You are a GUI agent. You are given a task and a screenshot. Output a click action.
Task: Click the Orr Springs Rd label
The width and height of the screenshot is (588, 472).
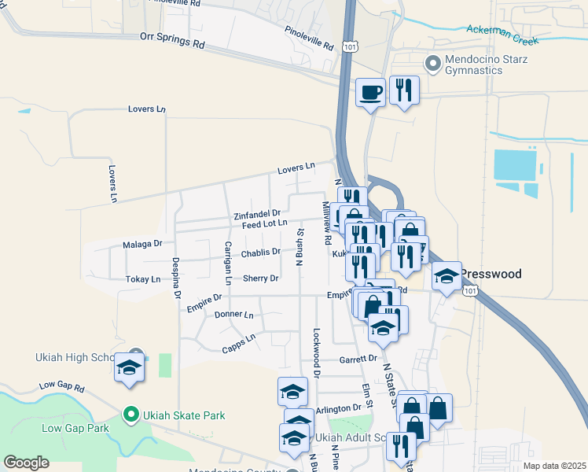point(171,40)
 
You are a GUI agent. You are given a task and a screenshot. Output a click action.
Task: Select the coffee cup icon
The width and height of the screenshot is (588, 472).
point(371,93)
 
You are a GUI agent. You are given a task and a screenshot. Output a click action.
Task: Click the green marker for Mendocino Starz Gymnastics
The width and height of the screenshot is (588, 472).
point(432,62)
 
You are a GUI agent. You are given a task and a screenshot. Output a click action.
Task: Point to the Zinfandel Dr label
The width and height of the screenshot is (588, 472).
point(257,214)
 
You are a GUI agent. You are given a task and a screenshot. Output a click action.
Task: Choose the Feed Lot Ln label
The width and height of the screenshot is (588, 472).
point(264,225)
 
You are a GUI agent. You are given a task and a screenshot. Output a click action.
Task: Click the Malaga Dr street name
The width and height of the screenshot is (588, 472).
point(142,245)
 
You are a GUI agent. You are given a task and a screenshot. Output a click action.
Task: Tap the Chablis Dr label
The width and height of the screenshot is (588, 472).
point(261,253)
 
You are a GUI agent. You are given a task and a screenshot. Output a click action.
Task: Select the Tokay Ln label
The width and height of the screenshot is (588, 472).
point(143,279)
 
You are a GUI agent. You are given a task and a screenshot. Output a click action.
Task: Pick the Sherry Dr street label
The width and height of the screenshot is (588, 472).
point(261,278)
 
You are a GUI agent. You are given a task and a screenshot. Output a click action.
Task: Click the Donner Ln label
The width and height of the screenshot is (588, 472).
point(233,315)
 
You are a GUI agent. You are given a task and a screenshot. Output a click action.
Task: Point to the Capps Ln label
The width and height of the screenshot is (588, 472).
point(239,342)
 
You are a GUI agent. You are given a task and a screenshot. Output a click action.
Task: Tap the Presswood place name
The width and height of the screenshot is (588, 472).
point(490,275)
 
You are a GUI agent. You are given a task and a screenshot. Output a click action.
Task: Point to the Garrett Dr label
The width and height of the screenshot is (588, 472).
point(358,360)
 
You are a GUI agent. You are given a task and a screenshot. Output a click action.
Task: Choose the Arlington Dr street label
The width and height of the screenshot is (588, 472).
point(338,408)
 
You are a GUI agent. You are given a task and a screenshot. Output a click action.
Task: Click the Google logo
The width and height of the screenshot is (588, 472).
point(26,463)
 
